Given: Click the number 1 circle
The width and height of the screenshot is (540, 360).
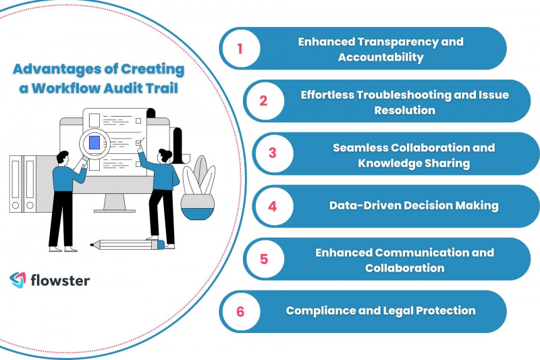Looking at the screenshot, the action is [241, 49].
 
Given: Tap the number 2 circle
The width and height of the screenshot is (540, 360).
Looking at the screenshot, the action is [264, 101].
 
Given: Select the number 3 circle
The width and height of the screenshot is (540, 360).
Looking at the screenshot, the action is [273, 153].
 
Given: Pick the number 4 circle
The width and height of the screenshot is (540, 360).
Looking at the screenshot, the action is [273, 207].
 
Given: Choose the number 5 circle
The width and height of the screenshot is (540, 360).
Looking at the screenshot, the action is [264, 259].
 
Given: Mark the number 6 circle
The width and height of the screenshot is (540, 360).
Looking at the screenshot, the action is [241, 311].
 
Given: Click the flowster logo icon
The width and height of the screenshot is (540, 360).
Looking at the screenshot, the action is [18, 280].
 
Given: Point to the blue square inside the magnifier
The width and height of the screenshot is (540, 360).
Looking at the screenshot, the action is [94, 143].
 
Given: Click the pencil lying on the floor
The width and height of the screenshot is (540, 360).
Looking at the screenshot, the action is [128, 245].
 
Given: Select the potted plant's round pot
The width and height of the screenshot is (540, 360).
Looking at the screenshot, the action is [198, 207].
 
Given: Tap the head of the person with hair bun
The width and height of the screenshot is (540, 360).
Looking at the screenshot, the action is [164, 156].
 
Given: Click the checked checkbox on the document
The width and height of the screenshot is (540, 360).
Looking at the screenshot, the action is [138, 143].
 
